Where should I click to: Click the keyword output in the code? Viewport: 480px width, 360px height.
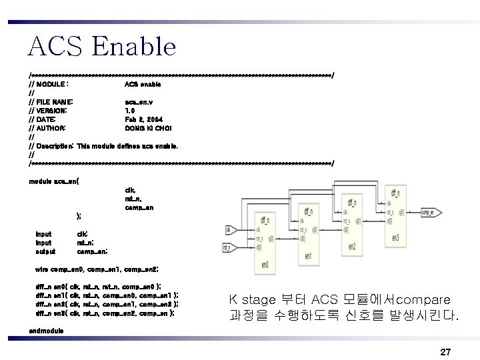tap(45, 251)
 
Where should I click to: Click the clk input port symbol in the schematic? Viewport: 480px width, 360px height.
tap(228, 230)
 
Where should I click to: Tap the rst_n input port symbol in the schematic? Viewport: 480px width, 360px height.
tap(228, 248)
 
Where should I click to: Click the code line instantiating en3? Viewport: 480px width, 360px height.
tap(105, 312)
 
